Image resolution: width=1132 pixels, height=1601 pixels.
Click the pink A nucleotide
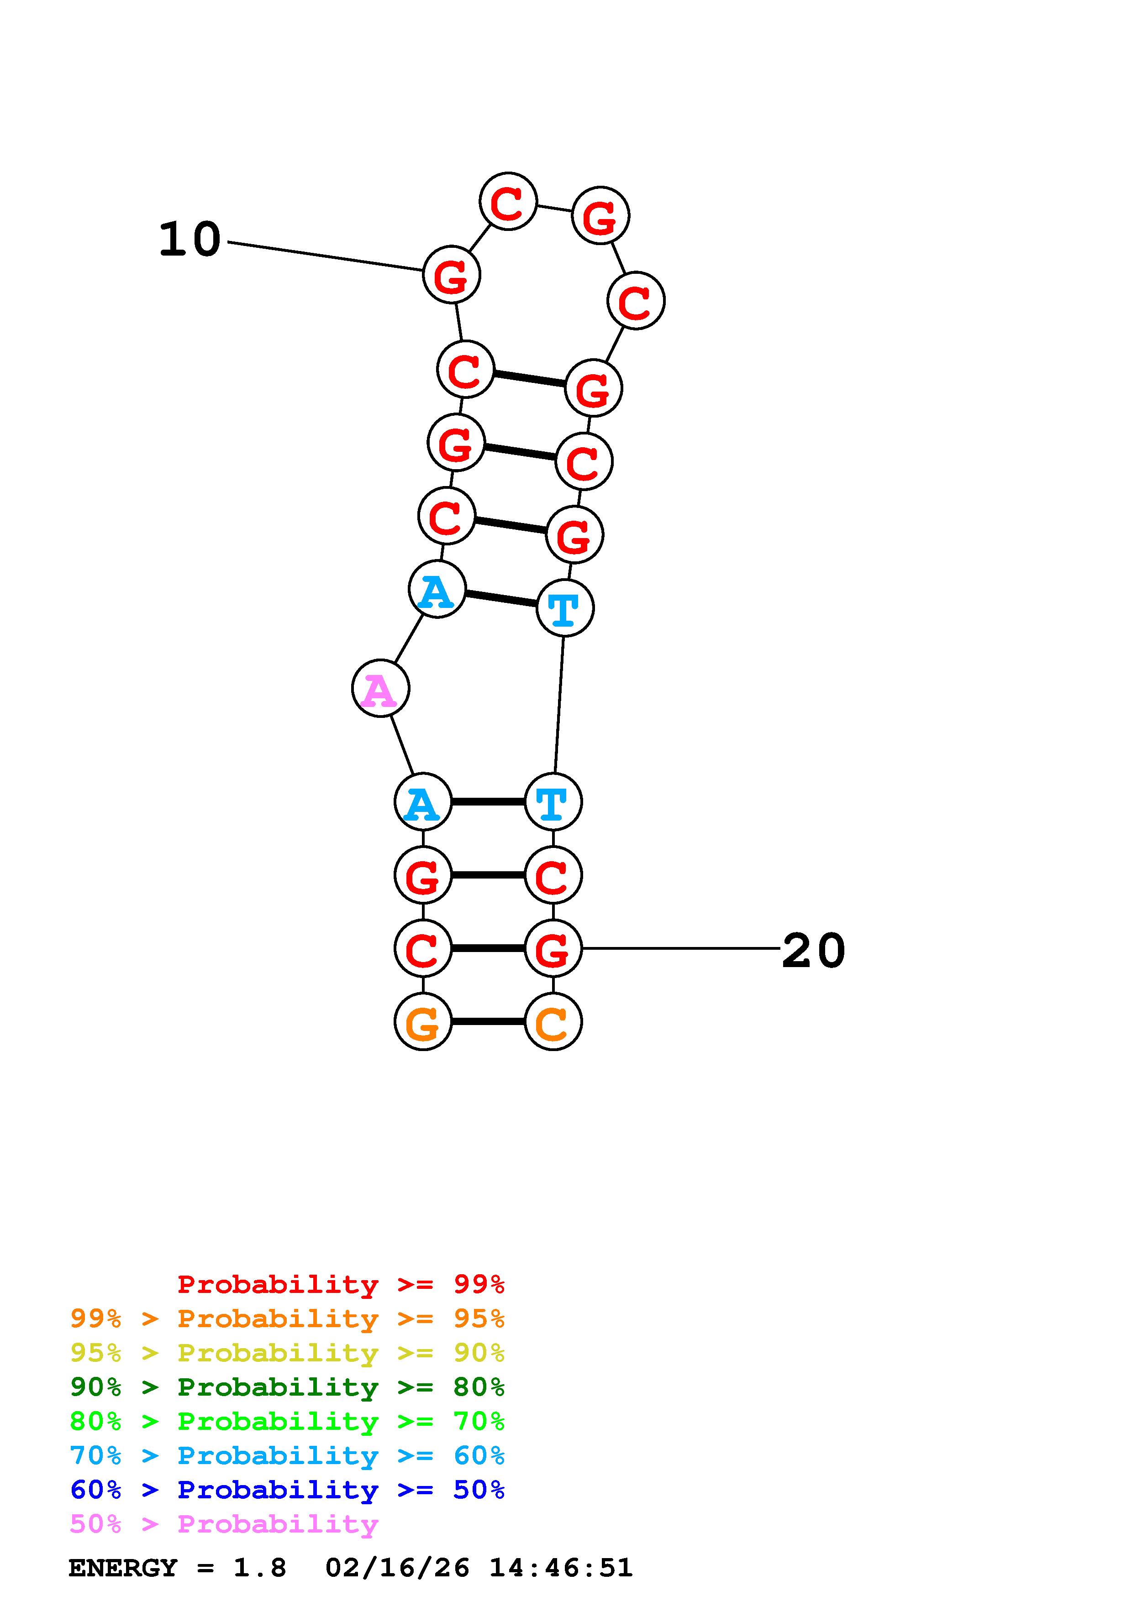(380, 689)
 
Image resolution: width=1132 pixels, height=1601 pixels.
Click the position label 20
(813, 950)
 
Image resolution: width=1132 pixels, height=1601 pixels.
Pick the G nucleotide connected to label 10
(451, 275)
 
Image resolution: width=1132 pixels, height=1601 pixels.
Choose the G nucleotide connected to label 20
(553, 948)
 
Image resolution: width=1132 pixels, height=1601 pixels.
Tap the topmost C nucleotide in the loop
(508, 202)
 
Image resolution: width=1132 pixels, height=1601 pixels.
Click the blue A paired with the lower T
(423, 802)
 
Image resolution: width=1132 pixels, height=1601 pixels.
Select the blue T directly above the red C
(553, 802)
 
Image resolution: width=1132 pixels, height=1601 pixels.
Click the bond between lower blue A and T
(488, 802)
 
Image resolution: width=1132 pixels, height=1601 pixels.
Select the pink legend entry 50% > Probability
(224, 1524)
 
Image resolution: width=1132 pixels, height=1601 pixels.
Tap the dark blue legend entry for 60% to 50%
(287, 1490)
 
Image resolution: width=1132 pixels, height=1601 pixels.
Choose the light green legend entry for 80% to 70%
(287, 1421)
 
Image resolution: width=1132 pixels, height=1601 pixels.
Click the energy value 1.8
(259, 1568)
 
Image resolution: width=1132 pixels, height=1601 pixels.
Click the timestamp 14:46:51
(561, 1568)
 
